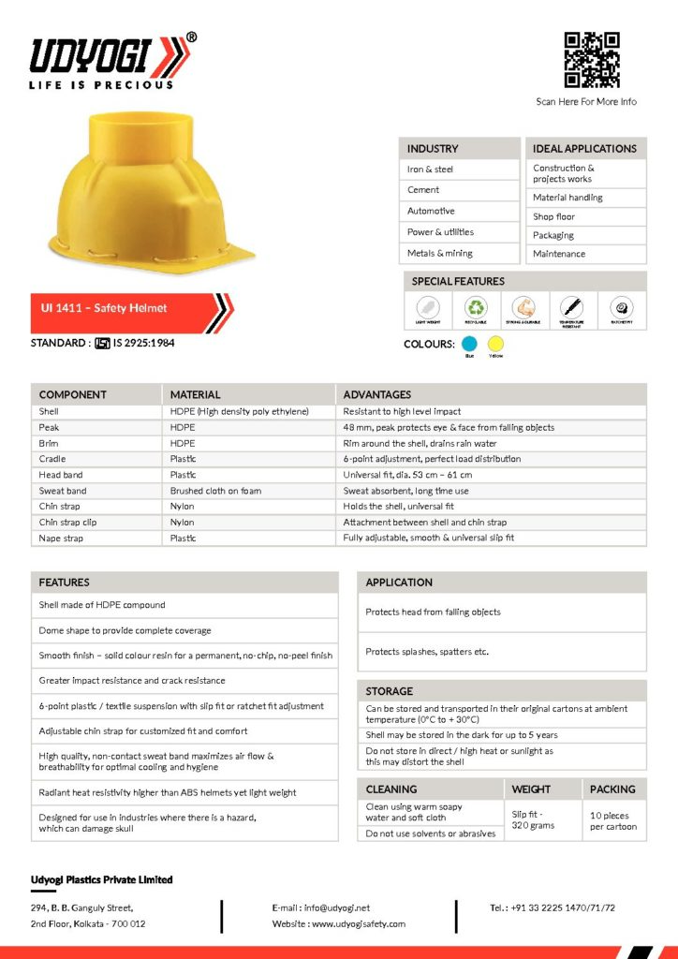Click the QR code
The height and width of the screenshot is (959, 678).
(592, 60)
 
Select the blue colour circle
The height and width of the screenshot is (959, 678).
(470, 344)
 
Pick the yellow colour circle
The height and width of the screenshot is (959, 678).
(495, 344)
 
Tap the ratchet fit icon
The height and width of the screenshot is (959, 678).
(621, 307)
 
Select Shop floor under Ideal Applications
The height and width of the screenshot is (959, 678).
(554, 216)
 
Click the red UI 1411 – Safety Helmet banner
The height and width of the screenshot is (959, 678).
(122, 307)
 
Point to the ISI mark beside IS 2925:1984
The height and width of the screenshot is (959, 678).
(102, 343)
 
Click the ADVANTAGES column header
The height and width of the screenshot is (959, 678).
(377, 394)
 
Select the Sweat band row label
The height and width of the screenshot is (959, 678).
(63, 491)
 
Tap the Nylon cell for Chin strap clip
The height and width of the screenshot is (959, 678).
(183, 523)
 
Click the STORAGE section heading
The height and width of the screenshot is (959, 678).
(390, 691)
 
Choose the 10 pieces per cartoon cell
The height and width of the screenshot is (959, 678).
(613, 821)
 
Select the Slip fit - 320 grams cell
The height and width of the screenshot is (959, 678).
(533, 819)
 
